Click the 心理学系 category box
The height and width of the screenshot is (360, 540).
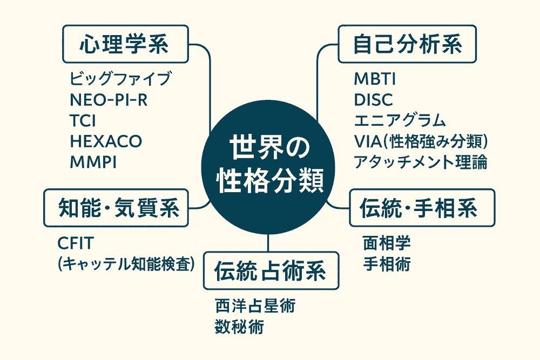coord(125,44)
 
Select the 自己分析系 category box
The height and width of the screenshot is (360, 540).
coord(407,44)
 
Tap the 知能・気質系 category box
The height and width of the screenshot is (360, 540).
coord(116,208)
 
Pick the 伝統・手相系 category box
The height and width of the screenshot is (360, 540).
coord(422,208)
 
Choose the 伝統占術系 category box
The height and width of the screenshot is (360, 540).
coord(271,270)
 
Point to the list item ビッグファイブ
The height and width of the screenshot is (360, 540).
coord(120,79)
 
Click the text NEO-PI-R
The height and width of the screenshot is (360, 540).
coord(109,100)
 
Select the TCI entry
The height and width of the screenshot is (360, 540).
coord(83,121)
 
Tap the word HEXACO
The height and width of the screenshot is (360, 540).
coord(106,141)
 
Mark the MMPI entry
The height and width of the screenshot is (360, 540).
coord(93,162)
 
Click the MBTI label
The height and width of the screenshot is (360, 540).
coord(375,79)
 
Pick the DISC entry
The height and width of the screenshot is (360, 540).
coord(373,100)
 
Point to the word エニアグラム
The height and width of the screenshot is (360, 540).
coord(400,120)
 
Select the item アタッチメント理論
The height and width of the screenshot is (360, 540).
coord(421,162)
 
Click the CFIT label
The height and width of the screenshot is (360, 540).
coord(76,243)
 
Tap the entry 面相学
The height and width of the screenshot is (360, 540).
coord(387,243)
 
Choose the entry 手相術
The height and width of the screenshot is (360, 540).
coord(387,264)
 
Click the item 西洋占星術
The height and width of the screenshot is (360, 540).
coord(255,305)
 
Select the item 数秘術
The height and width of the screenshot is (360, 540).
coord(239,327)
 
